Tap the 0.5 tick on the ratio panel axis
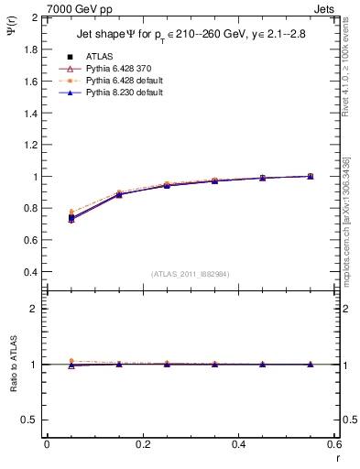point(31,420)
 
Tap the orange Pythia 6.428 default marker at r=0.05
point(71,212)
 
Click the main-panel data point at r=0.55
point(311,176)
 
